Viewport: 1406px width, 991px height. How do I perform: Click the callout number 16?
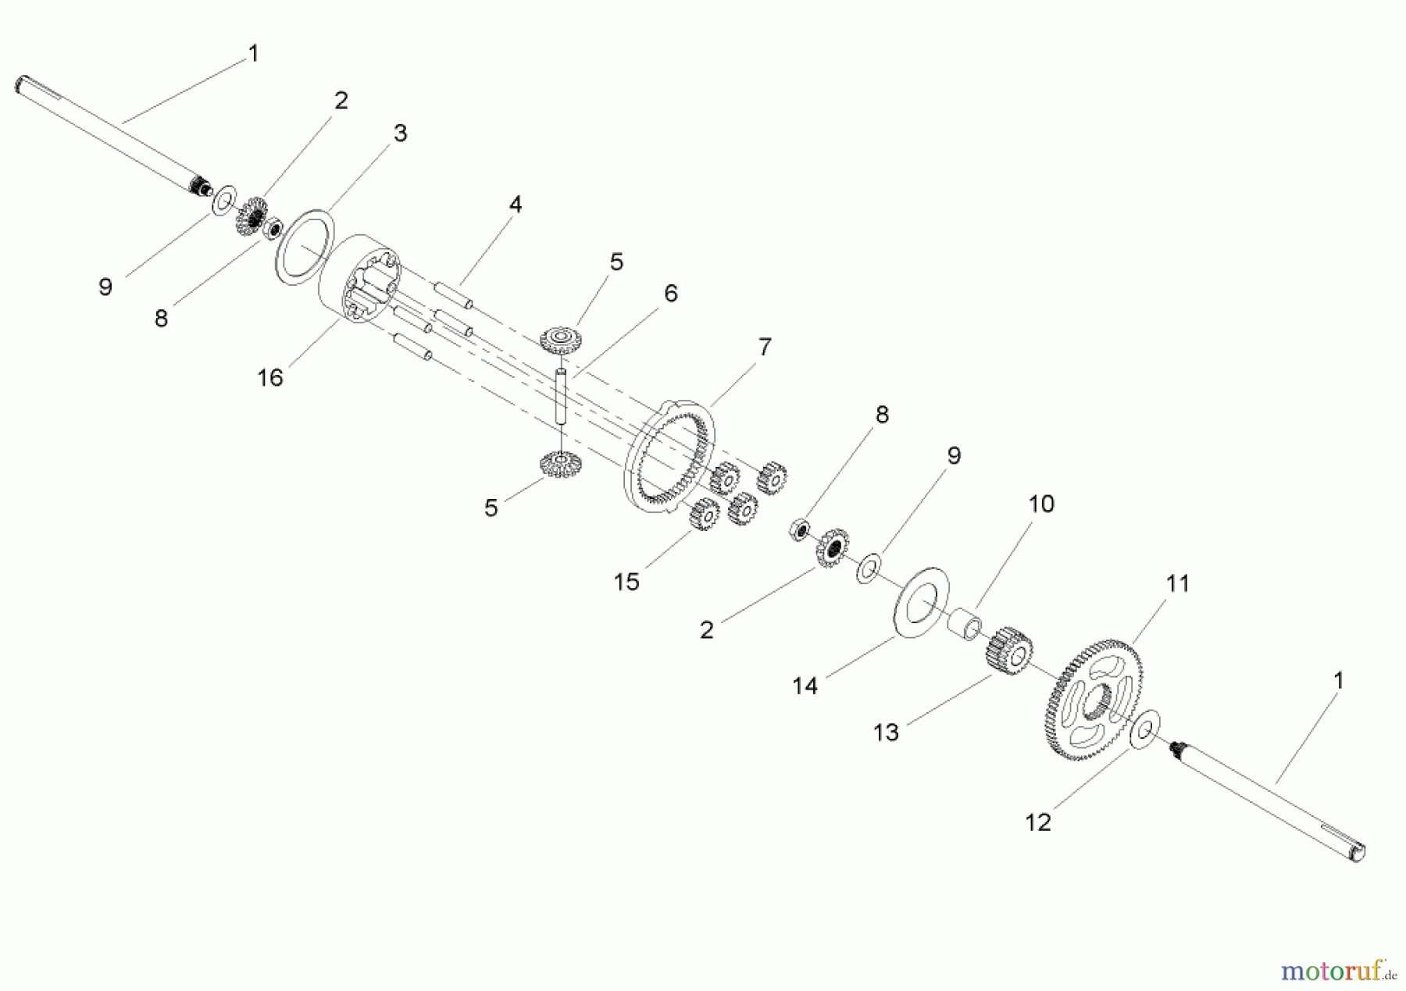[270, 378]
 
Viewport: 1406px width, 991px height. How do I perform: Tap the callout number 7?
[764, 347]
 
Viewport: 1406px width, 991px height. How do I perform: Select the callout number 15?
[626, 582]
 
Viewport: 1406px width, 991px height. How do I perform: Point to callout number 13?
[886, 733]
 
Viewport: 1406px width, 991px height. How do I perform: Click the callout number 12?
[1038, 822]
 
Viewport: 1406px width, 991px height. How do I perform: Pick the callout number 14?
[805, 686]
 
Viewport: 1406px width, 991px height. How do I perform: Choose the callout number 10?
[1040, 504]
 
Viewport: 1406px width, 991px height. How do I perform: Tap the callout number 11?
[1177, 583]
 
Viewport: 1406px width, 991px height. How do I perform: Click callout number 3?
[400, 134]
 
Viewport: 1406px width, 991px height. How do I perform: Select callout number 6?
[670, 294]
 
